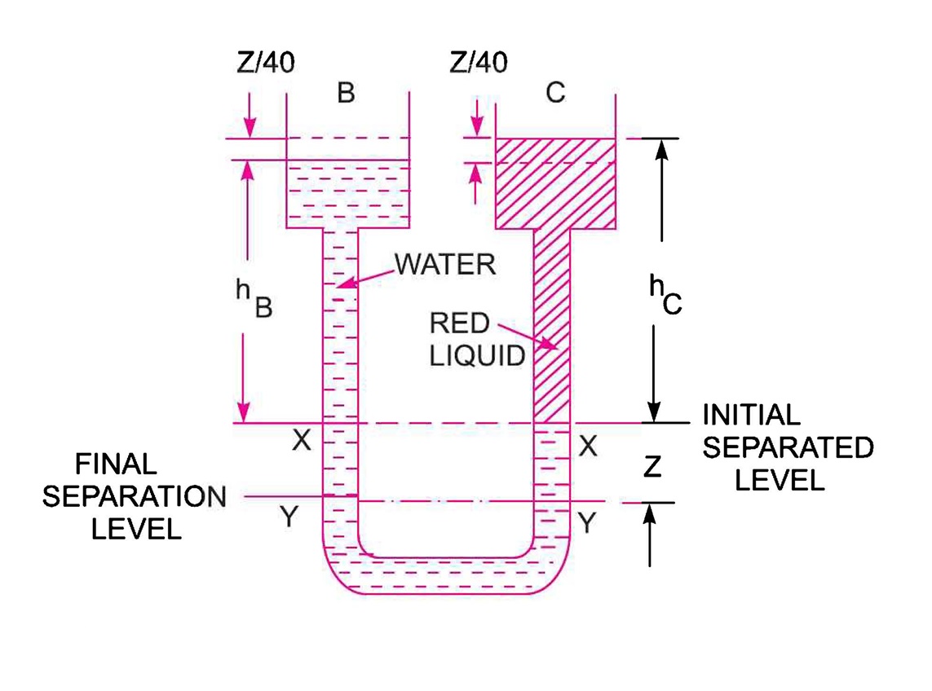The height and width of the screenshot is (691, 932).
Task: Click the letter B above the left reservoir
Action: [x=346, y=94]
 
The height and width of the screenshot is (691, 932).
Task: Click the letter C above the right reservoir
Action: [x=555, y=94]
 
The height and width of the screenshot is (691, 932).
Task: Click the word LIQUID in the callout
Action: [x=478, y=356]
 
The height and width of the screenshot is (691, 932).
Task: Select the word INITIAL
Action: [x=751, y=416]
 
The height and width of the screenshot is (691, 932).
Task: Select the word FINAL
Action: [x=116, y=464]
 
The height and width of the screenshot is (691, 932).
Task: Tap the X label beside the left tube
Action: [x=302, y=441]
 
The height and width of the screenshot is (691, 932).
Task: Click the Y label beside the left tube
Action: [x=287, y=517]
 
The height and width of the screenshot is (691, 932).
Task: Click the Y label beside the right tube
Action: [x=587, y=522]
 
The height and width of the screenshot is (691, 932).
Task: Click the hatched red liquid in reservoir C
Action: [x=554, y=183]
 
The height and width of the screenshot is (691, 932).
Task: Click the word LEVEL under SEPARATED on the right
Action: [x=780, y=480]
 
